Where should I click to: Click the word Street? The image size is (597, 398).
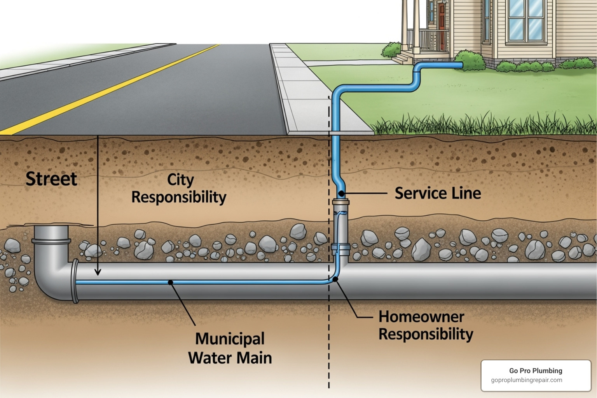tap(51, 179)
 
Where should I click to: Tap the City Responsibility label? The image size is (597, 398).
tap(179, 189)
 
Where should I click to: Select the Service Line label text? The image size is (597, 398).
tap(438, 193)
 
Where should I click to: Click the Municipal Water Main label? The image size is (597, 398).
tap(230, 348)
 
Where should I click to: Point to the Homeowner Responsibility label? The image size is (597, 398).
tap(426, 326)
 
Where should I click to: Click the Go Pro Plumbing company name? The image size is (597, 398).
tap(536, 371)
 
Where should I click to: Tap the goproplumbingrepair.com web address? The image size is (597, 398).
tap(526, 380)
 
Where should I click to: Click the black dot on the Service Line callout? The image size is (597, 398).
tap(341, 193)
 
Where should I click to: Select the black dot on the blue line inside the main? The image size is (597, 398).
tap(170, 282)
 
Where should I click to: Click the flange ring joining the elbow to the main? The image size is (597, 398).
tap(75, 281)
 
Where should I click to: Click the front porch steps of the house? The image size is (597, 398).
tap(403, 58)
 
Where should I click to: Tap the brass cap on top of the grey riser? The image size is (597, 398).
tap(341, 202)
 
